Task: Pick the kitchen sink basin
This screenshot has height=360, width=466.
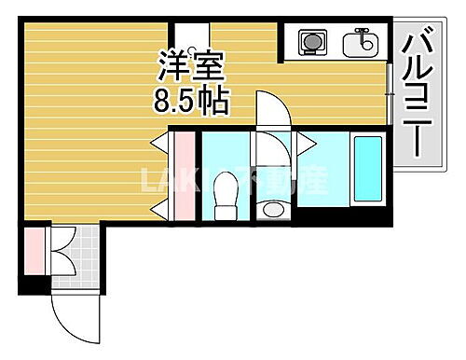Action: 358,43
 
